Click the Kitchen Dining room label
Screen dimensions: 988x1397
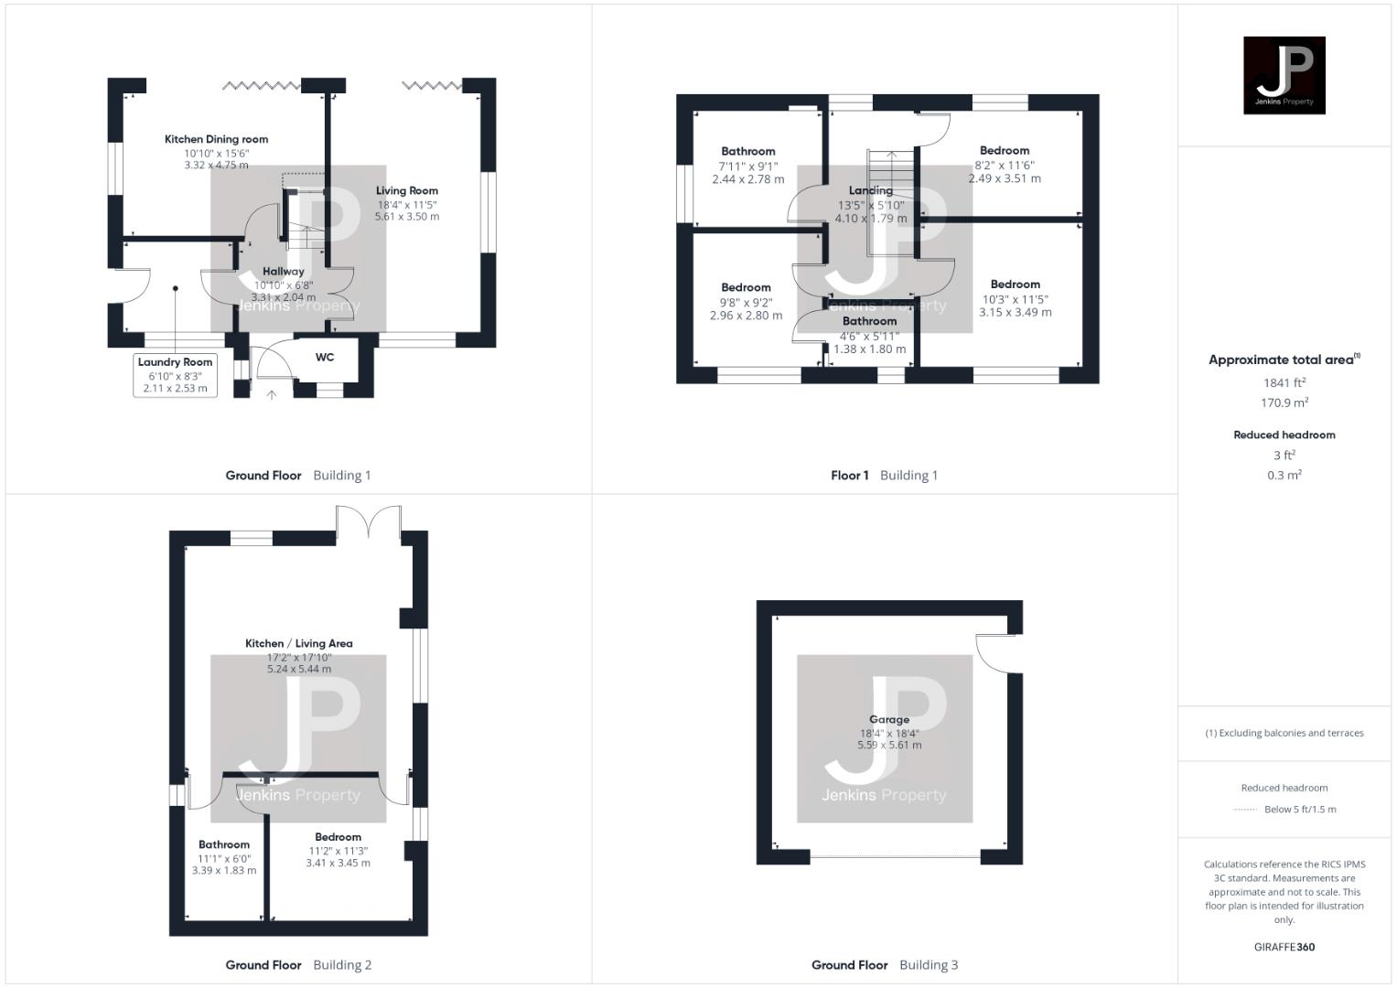216,139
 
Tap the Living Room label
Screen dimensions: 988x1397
406,191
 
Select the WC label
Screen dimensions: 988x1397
325,358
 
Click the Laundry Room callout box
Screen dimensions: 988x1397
175,375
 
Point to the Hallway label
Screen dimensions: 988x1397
283,272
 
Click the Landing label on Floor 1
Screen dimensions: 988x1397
870,190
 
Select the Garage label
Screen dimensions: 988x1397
888,719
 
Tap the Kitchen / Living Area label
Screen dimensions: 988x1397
298,643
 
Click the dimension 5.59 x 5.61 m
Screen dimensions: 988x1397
888,746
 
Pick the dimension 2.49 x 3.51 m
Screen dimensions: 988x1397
1004,179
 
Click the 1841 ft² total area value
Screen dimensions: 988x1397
1284,383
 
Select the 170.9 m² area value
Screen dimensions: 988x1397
1284,403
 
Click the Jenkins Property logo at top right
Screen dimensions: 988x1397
1284,75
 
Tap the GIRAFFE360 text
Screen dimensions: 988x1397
1284,947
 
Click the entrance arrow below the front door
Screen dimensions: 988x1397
271,395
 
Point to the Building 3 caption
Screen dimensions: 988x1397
929,965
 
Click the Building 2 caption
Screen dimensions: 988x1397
342,965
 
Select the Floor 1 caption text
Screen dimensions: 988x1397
850,476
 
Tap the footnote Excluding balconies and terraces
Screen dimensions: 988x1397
1284,733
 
